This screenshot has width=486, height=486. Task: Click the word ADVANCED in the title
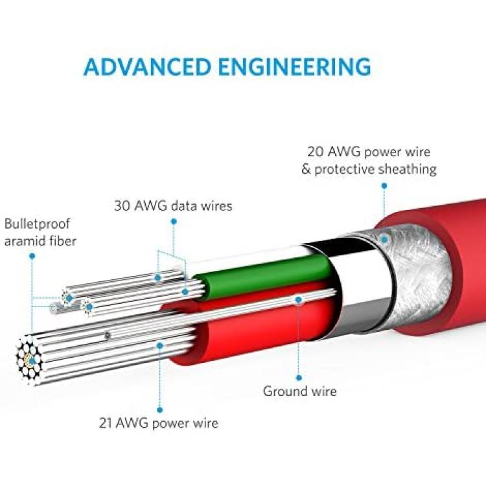coord(147,66)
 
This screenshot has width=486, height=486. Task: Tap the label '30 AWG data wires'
coord(173,206)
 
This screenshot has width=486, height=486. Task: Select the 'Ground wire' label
coord(300,391)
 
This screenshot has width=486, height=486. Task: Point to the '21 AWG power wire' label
coord(159,423)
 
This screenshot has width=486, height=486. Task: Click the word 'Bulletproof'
coord(37,224)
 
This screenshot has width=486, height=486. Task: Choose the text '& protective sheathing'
coord(369,170)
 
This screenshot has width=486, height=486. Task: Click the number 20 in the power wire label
coord(316,152)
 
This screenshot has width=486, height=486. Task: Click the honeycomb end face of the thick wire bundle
coord(29,360)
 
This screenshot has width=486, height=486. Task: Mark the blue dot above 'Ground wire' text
coord(299,378)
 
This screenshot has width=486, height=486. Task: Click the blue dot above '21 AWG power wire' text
coord(160,410)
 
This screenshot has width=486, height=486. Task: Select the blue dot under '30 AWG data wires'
coord(174,222)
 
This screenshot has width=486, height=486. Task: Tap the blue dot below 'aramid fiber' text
coord(32,256)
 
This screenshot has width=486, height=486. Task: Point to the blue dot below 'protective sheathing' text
coord(384,186)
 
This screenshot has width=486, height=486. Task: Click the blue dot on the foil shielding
coord(384,239)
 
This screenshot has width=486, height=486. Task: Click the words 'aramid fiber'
coord(40,241)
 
